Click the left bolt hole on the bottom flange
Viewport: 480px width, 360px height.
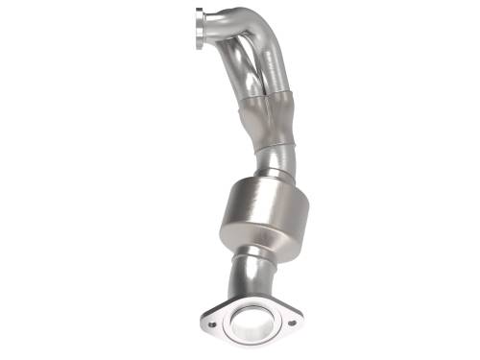tap(212, 324)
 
